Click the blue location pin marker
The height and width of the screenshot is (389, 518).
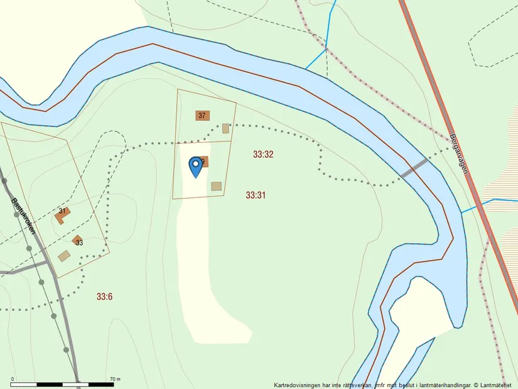196,166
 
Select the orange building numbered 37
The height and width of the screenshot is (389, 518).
202,116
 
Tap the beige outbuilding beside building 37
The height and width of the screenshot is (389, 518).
226,128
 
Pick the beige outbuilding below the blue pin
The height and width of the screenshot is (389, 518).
217,186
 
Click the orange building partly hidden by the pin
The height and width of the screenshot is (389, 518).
204,162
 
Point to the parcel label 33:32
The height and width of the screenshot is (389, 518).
263,154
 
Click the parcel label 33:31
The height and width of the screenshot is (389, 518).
256,195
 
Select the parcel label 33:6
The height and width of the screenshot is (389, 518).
104,296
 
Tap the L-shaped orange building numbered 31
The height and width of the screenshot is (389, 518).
62,215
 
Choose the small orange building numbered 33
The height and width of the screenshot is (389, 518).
78,241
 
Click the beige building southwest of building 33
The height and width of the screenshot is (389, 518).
64,256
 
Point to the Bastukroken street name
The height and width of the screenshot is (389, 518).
23,216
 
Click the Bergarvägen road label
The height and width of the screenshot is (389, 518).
463,157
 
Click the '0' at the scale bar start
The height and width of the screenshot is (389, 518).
13,379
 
